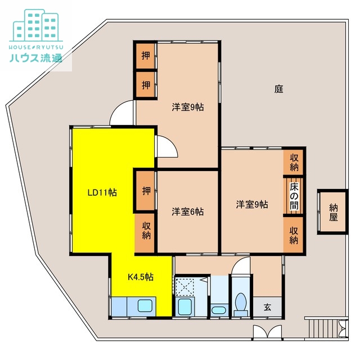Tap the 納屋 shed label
point(334,212)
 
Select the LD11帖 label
point(102,192)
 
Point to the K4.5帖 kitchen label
point(141,277)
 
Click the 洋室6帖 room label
point(187,211)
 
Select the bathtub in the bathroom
point(184,307)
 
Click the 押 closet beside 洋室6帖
point(146,190)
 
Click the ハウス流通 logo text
point(35,58)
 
